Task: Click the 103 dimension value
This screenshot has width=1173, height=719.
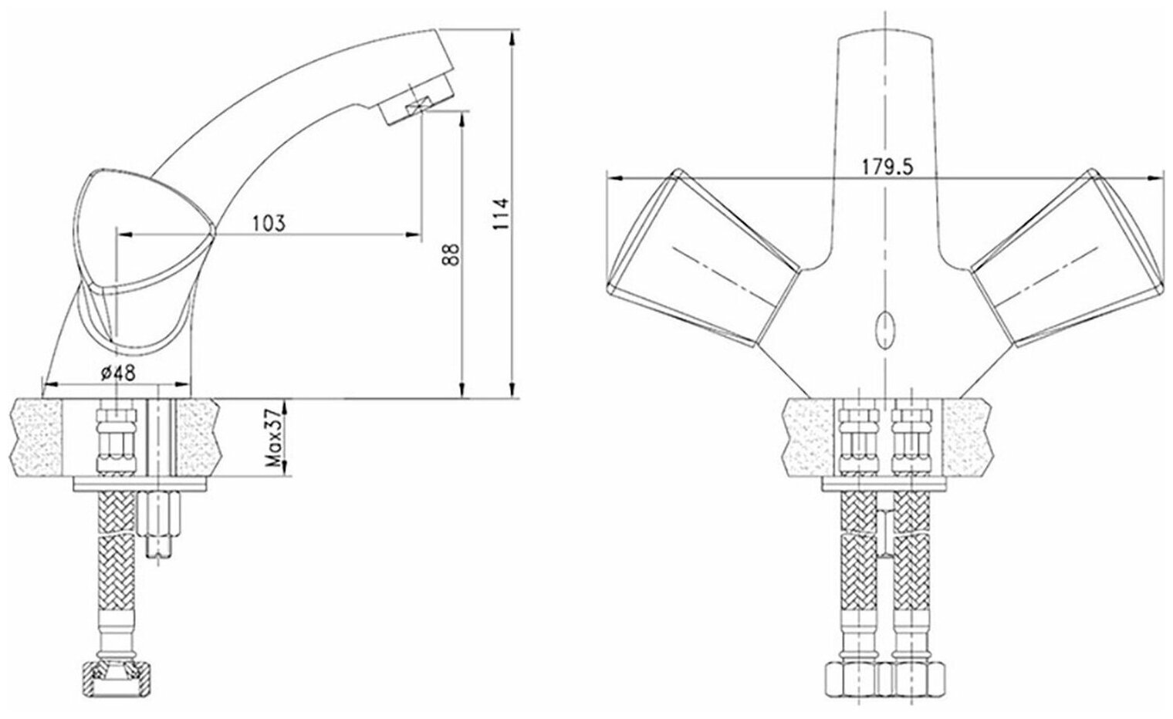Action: tap(269, 223)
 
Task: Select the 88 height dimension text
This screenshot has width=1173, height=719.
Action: tap(451, 255)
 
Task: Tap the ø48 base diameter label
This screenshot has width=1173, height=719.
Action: tap(118, 373)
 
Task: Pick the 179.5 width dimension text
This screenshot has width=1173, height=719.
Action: tap(887, 167)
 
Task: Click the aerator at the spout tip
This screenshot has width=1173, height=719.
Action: tap(417, 101)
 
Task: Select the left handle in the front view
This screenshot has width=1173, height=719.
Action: tap(703, 258)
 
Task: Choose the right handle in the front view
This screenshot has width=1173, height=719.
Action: tap(1069, 258)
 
